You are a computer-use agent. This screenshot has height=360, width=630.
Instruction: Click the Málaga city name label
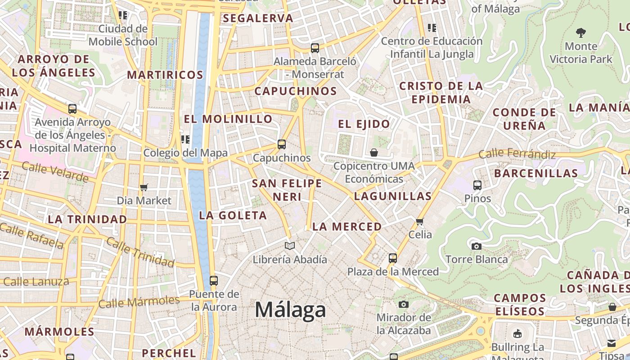pos(290,310)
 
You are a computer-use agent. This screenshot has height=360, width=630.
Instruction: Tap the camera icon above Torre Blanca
pos(477,246)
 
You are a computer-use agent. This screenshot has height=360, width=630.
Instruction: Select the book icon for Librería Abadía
pos(290,246)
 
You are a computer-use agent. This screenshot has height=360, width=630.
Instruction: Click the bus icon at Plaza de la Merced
pos(393,258)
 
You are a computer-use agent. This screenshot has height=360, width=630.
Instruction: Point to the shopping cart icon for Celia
pos(420,221)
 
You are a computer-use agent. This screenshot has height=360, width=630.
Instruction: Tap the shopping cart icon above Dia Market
pos(144,187)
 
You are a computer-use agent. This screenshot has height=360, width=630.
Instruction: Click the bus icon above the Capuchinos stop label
pos(282,144)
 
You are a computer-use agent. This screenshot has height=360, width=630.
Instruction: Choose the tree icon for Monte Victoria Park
pos(581,32)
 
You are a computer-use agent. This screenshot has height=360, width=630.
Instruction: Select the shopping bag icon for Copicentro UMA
pos(374,153)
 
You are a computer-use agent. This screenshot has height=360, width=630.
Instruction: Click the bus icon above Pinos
pos(477,185)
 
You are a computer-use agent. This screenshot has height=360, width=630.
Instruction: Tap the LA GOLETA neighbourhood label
pos(233,216)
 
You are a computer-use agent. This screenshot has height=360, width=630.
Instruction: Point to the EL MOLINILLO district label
pos(228,119)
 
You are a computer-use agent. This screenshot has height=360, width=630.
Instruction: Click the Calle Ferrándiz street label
pos(517,154)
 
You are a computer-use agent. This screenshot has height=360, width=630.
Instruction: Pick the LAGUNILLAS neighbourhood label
pos(393,196)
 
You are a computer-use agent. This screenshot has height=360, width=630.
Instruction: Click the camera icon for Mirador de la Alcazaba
pos(404,304)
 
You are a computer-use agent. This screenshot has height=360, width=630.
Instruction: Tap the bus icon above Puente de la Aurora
pos(214,280)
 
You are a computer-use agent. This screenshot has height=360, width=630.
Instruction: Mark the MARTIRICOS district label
pos(165,75)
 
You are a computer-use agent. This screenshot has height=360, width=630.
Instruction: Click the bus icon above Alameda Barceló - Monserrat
pos(315,48)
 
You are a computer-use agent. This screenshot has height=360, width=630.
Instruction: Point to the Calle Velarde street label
pos(55,172)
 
